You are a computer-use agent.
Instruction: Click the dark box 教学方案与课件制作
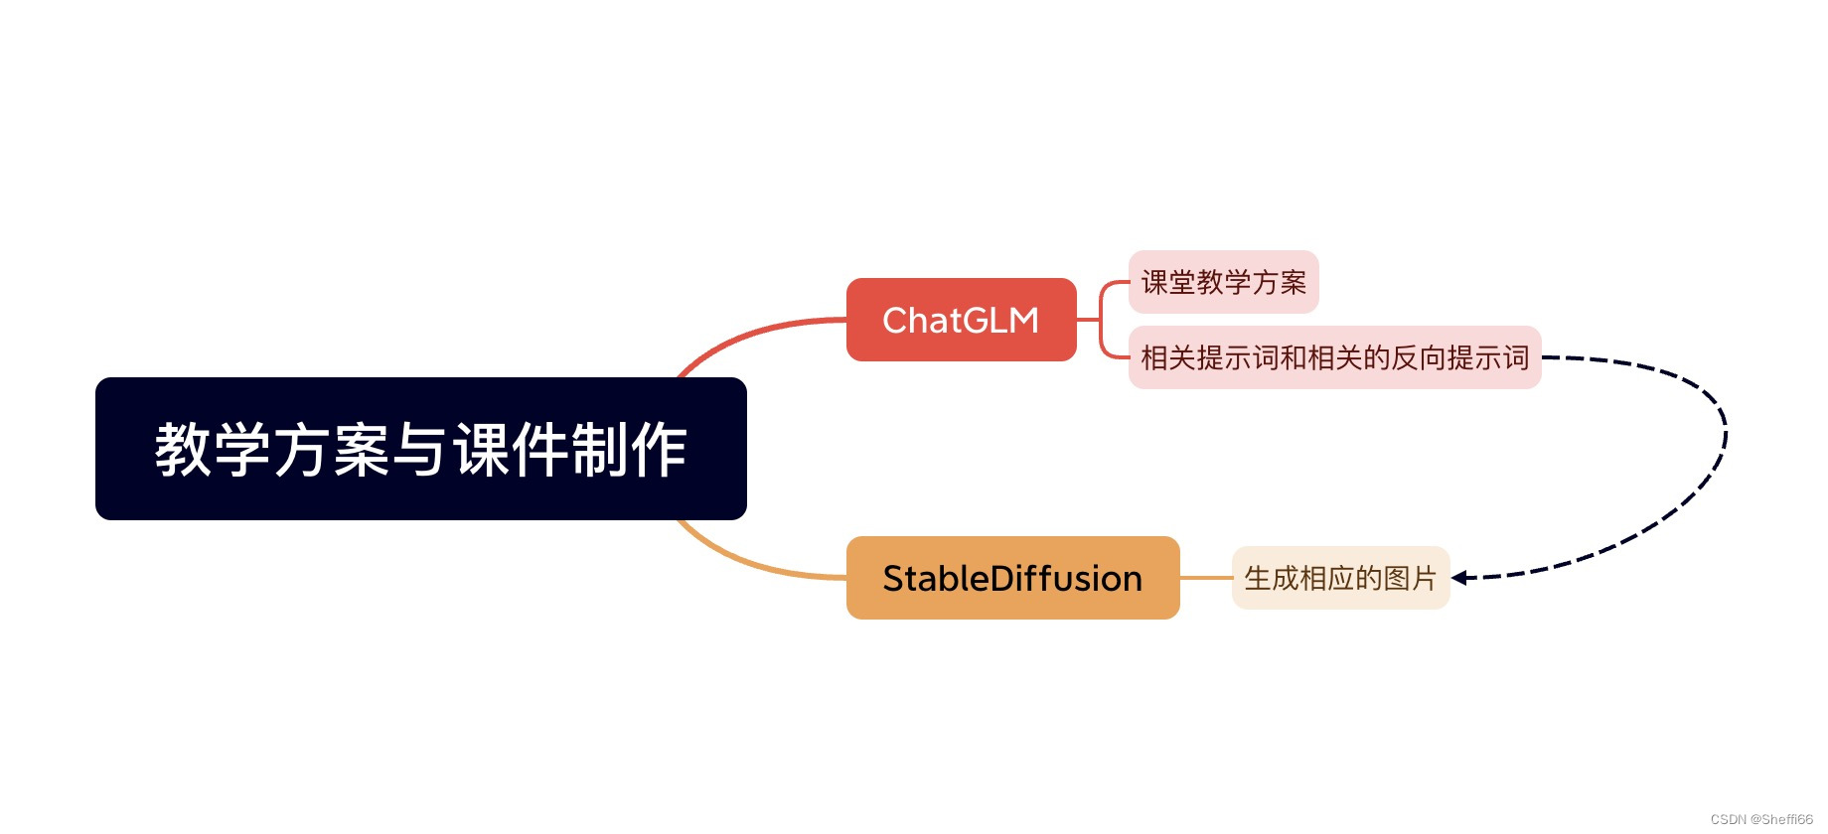420,448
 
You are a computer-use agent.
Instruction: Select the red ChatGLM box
961,320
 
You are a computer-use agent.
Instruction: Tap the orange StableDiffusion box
1012,578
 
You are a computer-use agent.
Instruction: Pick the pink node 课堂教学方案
1223,282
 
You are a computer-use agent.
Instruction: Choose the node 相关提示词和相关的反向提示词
1334,357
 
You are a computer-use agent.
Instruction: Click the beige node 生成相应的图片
1340,578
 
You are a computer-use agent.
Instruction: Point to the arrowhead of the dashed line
1459,578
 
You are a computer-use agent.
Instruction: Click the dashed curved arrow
1725,437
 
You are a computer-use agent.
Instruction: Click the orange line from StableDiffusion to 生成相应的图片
1205,578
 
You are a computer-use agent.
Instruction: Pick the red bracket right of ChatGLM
1101,320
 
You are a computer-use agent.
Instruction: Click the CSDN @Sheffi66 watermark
1761,819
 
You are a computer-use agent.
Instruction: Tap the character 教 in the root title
183,449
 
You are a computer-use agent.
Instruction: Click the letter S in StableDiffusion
893,578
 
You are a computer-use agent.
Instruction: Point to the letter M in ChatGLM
1024,320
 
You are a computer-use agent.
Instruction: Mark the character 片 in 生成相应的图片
1424,578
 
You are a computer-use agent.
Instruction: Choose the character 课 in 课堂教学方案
1154,282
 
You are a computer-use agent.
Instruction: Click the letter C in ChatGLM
895,320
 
